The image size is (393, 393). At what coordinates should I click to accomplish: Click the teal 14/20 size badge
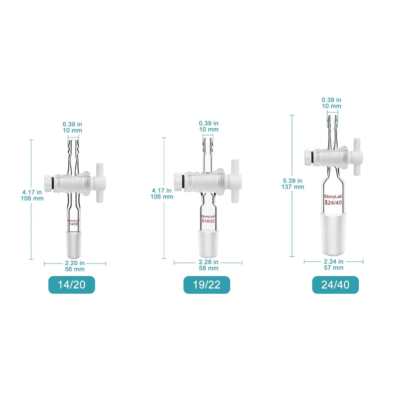pyautogui.click(x=72, y=285)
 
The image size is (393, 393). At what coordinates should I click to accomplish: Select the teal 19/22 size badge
pyautogui.click(x=207, y=285)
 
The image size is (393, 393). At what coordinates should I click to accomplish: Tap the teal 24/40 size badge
pyautogui.click(x=335, y=285)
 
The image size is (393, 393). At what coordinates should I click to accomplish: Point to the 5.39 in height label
pyautogui.click(x=293, y=181)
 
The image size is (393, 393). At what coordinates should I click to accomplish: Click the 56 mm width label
pyautogui.click(x=75, y=269)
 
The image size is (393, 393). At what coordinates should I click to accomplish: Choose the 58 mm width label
pyautogui.click(x=209, y=268)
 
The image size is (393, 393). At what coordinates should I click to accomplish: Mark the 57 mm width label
pyautogui.click(x=334, y=268)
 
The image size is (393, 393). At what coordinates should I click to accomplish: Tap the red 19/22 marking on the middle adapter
pyautogui.click(x=208, y=221)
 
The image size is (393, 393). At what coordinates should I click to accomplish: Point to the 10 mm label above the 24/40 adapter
pyautogui.click(x=332, y=106)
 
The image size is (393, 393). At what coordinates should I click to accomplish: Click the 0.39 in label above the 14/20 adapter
pyautogui.click(x=72, y=124)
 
